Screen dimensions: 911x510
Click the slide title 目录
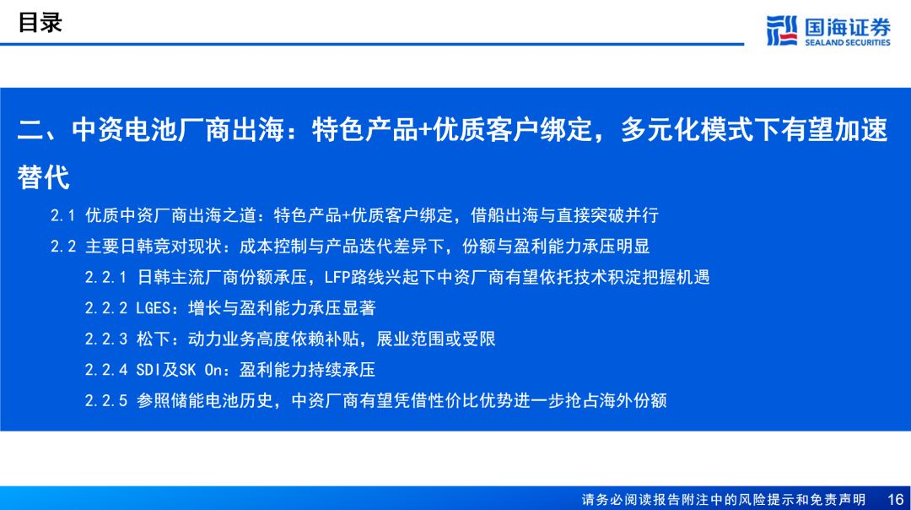pyautogui.click(x=40, y=23)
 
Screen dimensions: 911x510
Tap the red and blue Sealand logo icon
pyautogui.click(x=781, y=30)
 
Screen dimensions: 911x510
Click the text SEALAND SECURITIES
pyautogui.click(x=847, y=42)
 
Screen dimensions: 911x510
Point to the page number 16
pyautogui.click(x=895, y=500)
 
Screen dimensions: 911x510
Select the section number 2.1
pyautogui.click(x=62, y=216)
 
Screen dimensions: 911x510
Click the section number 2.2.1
pyautogui.click(x=105, y=278)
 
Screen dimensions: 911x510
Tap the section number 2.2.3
pyautogui.click(x=105, y=339)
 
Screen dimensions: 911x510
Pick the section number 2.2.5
pyautogui.click(x=105, y=401)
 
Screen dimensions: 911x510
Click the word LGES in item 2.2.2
pyautogui.click(x=153, y=308)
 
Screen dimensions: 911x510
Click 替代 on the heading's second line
pyautogui.click(x=44, y=177)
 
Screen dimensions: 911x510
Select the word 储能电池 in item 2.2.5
pyautogui.click(x=204, y=401)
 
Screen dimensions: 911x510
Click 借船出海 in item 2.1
pyautogui.click(x=504, y=216)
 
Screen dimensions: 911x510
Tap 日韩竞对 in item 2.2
pyautogui.click(x=154, y=247)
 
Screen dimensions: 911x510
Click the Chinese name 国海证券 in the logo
pyautogui.click(x=848, y=27)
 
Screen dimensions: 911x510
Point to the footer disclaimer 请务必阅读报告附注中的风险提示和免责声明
pyautogui.click(x=724, y=500)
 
